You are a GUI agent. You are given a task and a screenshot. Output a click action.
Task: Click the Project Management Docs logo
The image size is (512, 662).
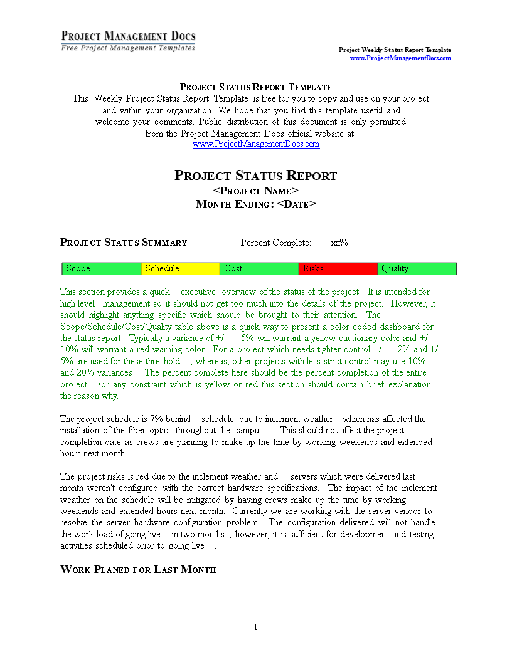(x=128, y=41)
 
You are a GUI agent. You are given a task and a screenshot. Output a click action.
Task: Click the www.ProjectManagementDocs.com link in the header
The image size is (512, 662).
(x=400, y=58)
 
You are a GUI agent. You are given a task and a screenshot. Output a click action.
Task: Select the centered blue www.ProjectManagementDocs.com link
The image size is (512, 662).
(x=255, y=144)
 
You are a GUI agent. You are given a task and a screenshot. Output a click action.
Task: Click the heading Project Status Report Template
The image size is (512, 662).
(x=255, y=87)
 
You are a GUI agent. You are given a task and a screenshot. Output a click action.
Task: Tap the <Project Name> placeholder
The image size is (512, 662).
(x=255, y=191)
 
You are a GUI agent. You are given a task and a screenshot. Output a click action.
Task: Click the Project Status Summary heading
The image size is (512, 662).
(x=124, y=243)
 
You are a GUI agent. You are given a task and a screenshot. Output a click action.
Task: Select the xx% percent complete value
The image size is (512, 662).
(x=339, y=243)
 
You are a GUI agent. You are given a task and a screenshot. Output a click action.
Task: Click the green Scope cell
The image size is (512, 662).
(x=102, y=268)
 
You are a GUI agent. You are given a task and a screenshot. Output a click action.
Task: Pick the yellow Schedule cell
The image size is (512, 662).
(x=181, y=268)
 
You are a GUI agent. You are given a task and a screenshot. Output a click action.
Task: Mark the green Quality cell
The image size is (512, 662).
(x=417, y=268)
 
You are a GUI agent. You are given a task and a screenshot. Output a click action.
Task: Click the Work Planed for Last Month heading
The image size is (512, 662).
(x=138, y=570)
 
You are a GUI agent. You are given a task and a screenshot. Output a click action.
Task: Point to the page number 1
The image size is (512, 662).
(x=255, y=628)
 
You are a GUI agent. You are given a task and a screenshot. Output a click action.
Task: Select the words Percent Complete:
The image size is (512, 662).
(x=275, y=243)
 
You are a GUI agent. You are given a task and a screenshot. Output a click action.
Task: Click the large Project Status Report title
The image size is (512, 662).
(x=255, y=176)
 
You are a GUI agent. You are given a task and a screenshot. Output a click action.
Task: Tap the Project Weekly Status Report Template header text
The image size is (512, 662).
(x=395, y=50)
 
